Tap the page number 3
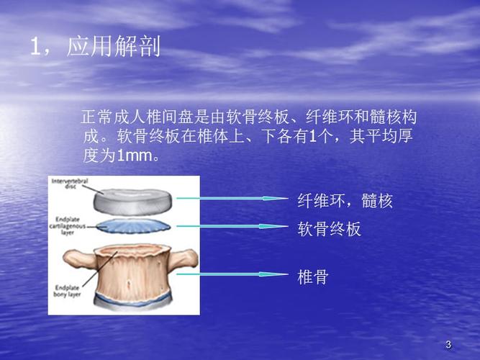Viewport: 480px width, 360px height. click(x=448, y=345)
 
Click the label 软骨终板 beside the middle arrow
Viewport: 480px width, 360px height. click(x=330, y=229)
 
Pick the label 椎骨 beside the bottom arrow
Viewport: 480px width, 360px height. click(x=313, y=276)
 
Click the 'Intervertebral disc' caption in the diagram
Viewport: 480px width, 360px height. click(x=68, y=185)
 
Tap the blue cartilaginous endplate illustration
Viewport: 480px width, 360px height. click(x=132, y=225)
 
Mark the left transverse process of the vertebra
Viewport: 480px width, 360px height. click(x=75, y=256)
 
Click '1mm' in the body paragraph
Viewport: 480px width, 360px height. click(x=132, y=156)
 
